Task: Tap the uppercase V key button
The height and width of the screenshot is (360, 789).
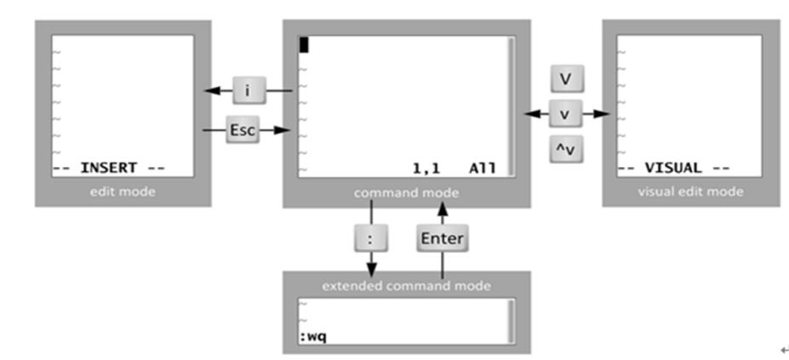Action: (x=565, y=79)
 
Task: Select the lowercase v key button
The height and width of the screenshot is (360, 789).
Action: (x=565, y=114)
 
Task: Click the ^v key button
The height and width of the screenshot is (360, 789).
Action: (x=565, y=150)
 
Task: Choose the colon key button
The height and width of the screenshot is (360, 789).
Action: (x=370, y=239)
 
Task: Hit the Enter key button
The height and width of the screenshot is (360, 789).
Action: (x=443, y=239)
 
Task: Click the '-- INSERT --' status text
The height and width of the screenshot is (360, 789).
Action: (x=108, y=168)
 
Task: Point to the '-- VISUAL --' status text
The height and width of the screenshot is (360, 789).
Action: (x=672, y=168)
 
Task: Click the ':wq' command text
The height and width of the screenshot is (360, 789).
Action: (x=312, y=337)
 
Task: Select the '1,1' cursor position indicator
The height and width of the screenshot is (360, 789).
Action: (x=426, y=168)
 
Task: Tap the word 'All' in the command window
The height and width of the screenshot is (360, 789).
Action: (x=482, y=168)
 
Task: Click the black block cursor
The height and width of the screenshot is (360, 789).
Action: (x=303, y=44)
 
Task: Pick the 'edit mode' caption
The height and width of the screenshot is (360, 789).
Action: (x=123, y=191)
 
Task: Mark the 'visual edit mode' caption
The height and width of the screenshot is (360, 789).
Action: (x=690, y=191)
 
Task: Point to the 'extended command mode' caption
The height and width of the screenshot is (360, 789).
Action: (x=406, y=286)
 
